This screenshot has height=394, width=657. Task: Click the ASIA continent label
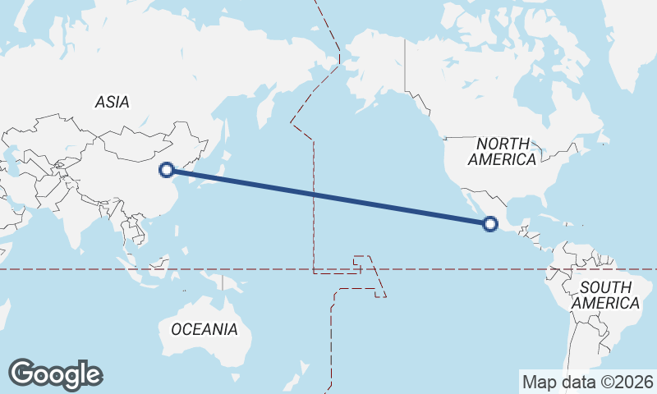[x=113, y=102]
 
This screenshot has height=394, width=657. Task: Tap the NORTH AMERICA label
[x=504, y=151]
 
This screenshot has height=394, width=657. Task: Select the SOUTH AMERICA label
[x=605, y=295]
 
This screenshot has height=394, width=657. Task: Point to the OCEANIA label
[x=204, y=329]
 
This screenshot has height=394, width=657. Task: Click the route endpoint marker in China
[x=167, y=170]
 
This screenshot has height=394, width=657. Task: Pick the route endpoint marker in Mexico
[x=490, y=223]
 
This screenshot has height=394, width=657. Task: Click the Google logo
[x=55, y=374]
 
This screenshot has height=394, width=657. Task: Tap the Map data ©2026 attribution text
[x=588, y=382]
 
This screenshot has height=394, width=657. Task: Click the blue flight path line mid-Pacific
[x=328, y=197]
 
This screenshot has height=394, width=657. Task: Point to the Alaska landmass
[x=370, y=66]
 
